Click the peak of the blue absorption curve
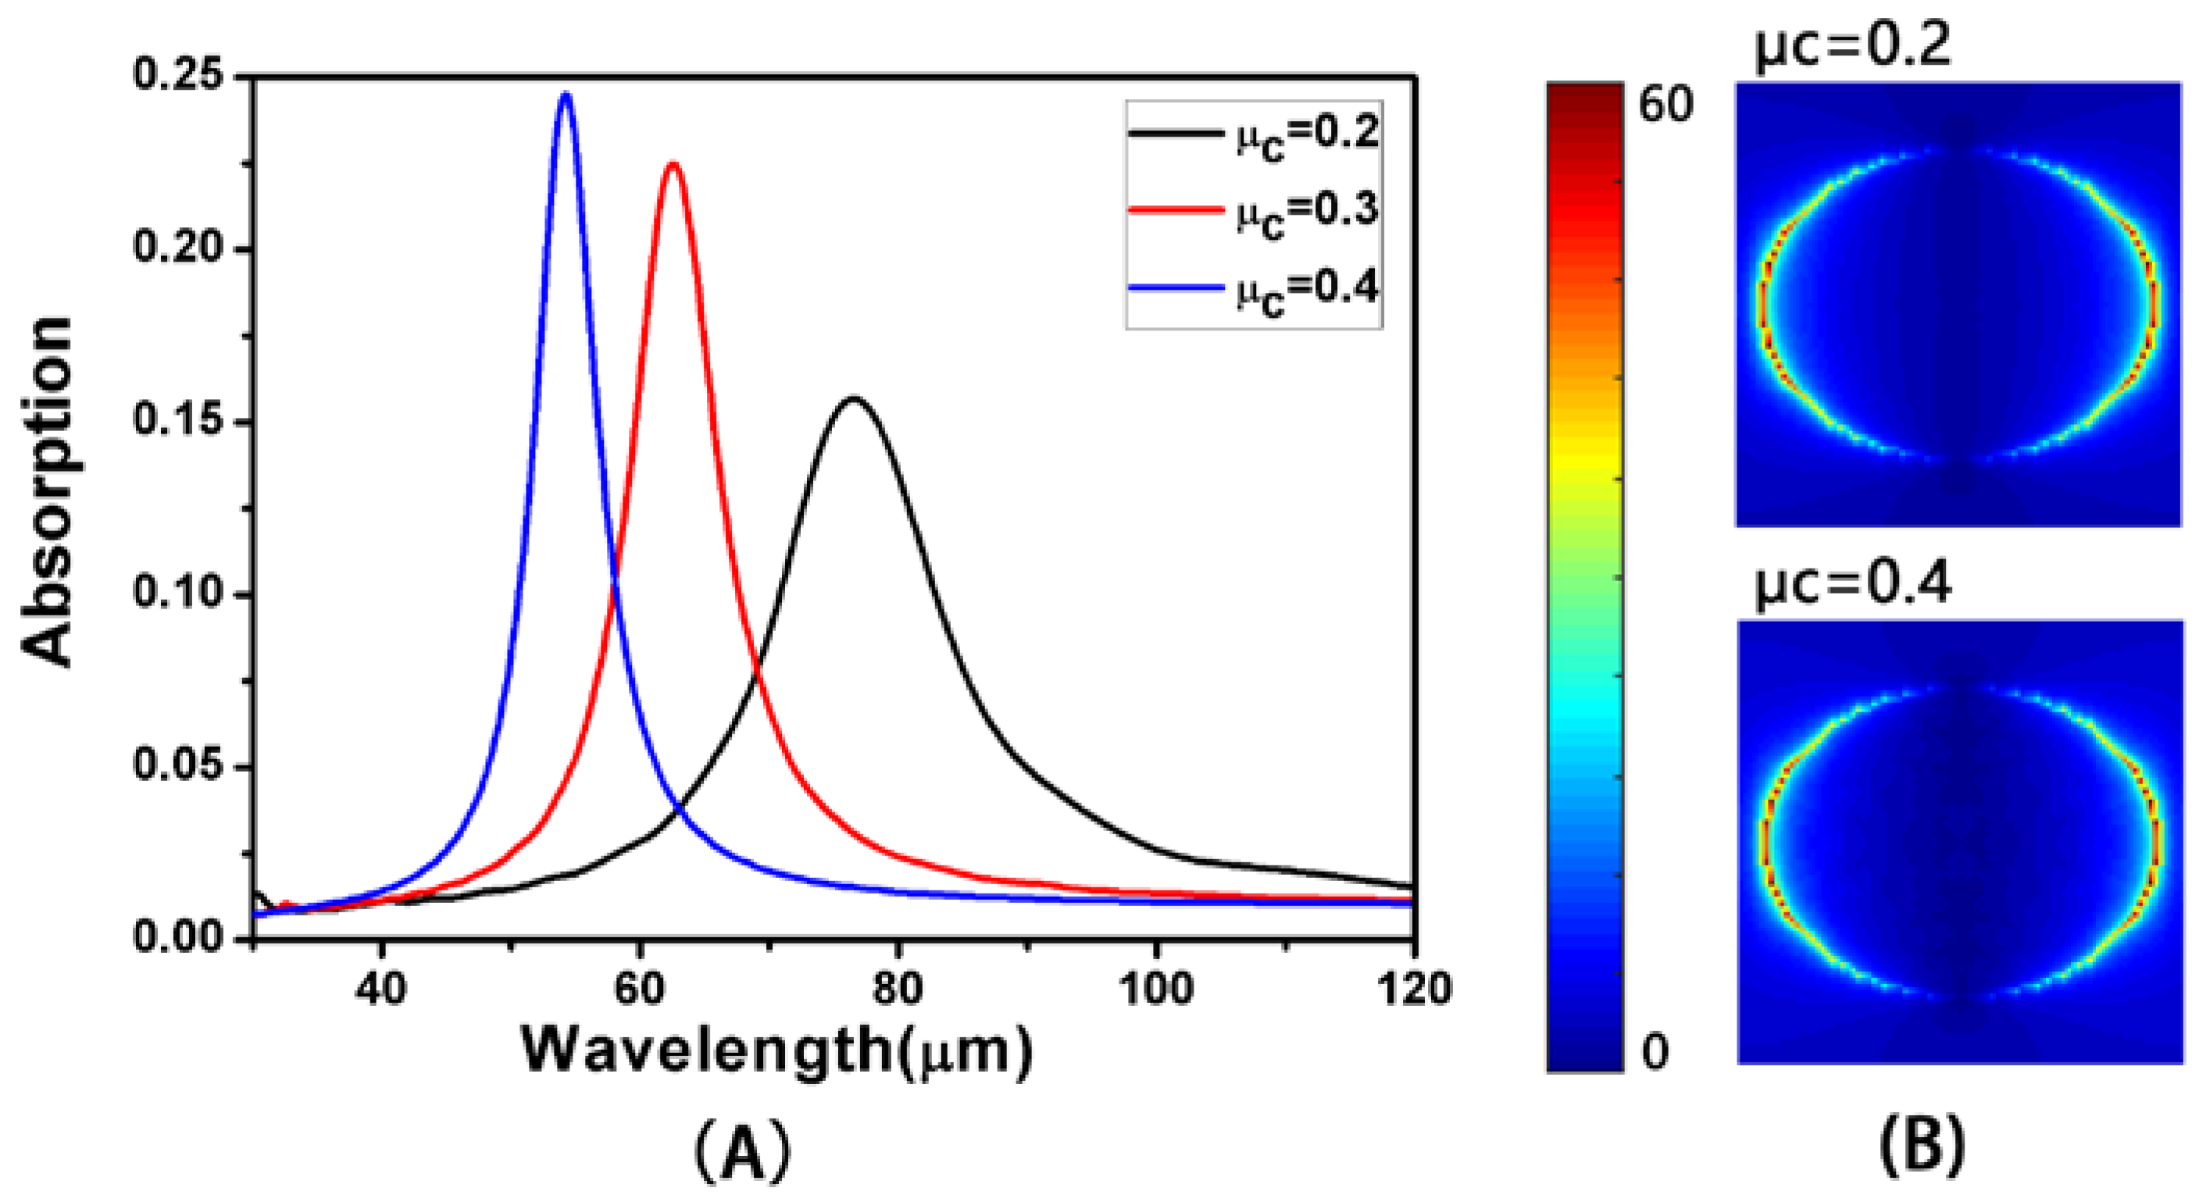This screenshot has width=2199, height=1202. point(565,95)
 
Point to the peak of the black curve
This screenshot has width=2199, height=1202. point(853,398)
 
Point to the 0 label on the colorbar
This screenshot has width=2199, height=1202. point(1655,1052)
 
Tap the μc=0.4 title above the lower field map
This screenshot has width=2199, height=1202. point(1852,586)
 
